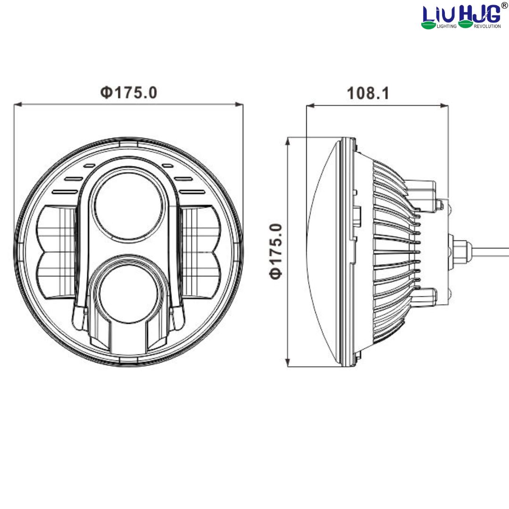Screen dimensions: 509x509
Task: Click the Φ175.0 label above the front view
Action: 128,92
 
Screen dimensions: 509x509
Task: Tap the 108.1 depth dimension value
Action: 368,93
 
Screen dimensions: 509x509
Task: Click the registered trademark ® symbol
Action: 504,5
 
